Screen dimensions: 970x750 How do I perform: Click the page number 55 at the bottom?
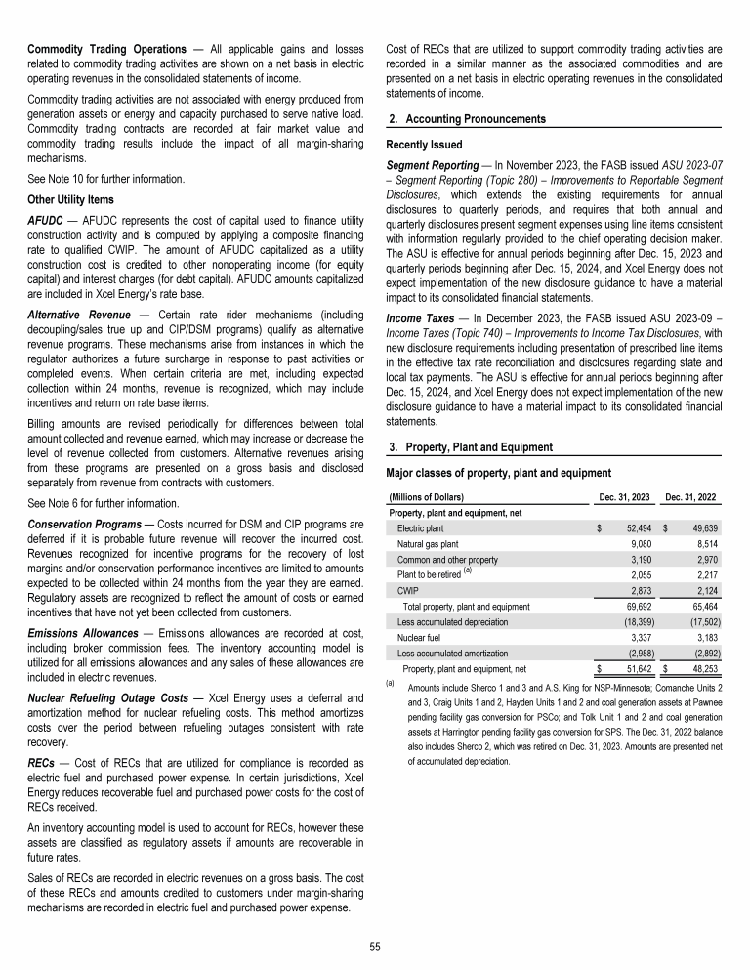(375, 947)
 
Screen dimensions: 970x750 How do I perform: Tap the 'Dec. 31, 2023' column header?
(625, 498)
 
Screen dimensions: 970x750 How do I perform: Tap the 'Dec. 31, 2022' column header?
(690, 498)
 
